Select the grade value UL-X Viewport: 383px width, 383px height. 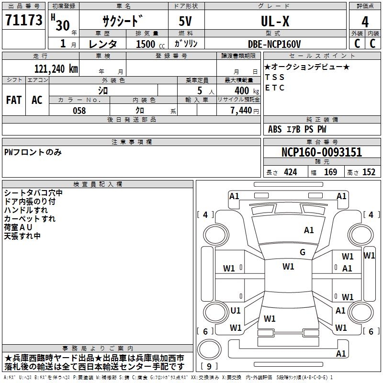click(x=275, y=22)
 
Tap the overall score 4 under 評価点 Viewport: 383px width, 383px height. click(x=365, y=22)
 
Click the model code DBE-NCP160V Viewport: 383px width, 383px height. click(x=274, y=44)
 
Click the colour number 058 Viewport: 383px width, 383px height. click(x=79, y=111)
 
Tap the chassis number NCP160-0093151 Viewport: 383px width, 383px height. click(x=322, y=152)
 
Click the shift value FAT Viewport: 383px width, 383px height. click(x=14, y=100)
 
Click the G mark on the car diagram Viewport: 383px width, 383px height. click(x=303, y=252)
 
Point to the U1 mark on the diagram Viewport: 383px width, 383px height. click(x=236, y=310)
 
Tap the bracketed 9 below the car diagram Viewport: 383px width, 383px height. click(x=209, y=367)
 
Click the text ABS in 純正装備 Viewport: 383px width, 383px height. click(x=275, y=129)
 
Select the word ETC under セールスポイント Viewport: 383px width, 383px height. click(x=275, y=88)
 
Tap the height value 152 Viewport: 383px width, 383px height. click(x=369, y=172)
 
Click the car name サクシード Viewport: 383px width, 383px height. click(x=123, y=22)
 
